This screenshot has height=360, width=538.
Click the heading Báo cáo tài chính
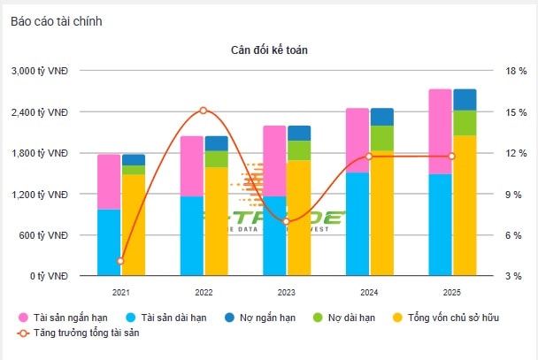(x=57, y=20)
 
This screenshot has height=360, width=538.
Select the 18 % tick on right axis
(x=515, y=71)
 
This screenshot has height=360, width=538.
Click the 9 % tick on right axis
(x=515, y=194)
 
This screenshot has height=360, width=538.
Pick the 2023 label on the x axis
(x=286, y=291)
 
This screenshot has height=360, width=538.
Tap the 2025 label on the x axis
(x=451, y=291)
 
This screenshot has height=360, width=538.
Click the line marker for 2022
(x=204, y=111)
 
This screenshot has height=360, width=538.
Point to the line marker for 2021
(x=120, y=261)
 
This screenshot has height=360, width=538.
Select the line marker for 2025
(x=451, y=157)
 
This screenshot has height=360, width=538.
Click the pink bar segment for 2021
(x=109, y=181)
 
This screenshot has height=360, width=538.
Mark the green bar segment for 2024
(x=382, y=138)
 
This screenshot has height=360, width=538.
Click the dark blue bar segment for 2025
(x=465, y=99)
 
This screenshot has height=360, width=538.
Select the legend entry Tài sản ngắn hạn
(x=65, y=317)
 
